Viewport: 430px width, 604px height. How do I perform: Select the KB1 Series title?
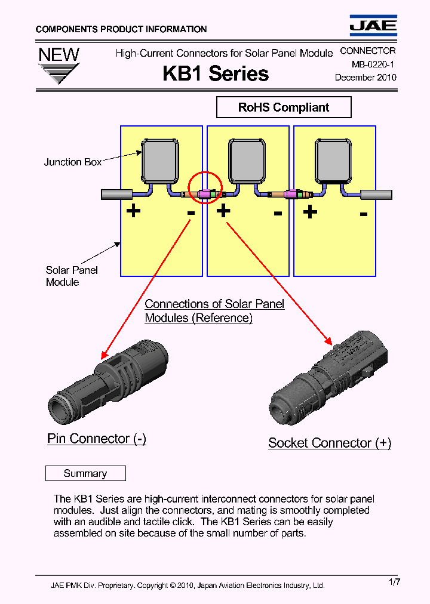point(216,73)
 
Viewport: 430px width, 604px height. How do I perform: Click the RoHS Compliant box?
point(284,107)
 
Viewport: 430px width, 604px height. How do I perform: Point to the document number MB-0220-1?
point(369,64)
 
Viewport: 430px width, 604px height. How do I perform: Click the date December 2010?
point(365,78)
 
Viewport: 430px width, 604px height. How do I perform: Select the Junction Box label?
point(73,162)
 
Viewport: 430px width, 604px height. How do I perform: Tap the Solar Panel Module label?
point(71,276)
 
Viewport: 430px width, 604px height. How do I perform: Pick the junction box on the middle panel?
point(247,161)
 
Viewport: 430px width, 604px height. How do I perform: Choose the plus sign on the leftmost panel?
point(133,211)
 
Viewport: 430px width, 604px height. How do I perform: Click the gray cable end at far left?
point(116,194)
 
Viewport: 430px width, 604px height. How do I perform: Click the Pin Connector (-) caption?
point(97,439)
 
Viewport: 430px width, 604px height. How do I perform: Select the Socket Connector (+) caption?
point(330,443)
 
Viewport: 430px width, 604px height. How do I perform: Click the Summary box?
point(85,473)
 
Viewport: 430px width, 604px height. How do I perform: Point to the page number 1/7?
point(394,582)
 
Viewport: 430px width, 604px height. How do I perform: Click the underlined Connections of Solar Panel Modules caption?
point(214,311)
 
